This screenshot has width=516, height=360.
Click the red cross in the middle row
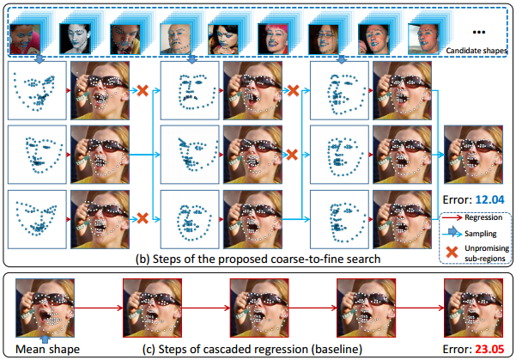click(x=293, y=155)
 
